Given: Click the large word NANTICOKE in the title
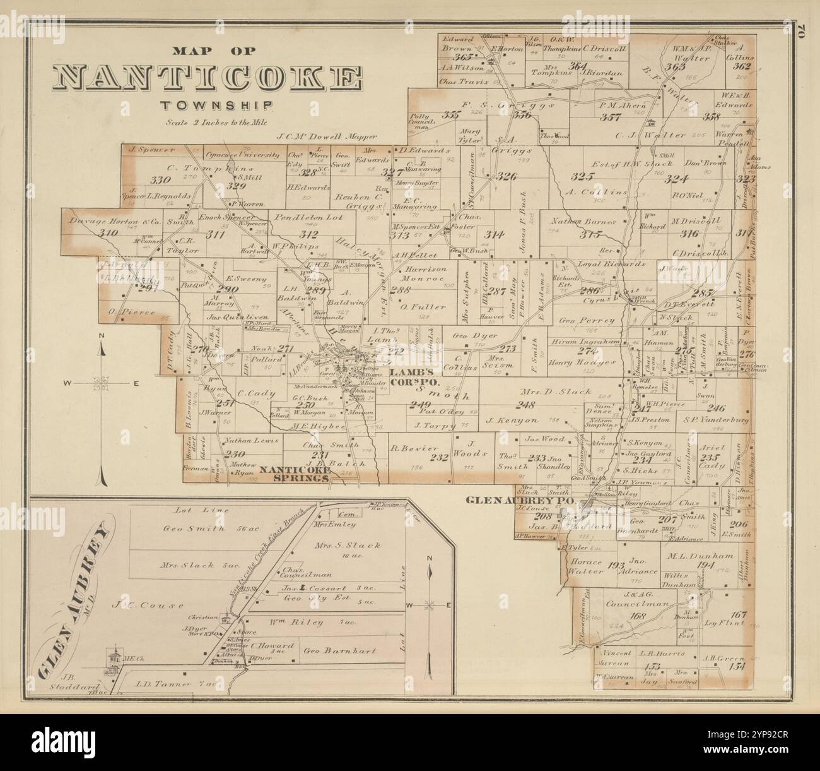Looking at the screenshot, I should click(207, 77).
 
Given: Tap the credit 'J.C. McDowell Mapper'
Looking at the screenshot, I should click(327, 135).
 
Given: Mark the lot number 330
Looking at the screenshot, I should click(159, 180).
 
